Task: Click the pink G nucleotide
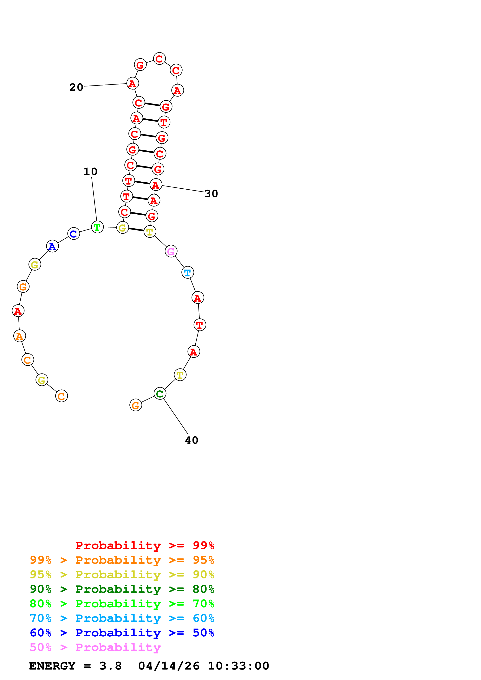[x=171, y=251]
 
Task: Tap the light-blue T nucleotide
[x=188, y=273]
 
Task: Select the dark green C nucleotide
[x=160, y=394]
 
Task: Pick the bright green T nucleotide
[x=97, y=227]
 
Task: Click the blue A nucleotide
[x=52, y=246]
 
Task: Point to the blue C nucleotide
[x=74, y=234]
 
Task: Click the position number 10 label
[x=90, y=172]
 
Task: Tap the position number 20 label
[x=76, y=87]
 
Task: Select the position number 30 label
[x=211, y=194]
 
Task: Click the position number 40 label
[x=192, y=440]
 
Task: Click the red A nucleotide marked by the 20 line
[x=133, y=84]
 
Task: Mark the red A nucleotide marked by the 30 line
[x=156, y=185]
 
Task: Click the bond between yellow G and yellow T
[x=136, y=230]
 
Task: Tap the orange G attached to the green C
[x=136, y=405]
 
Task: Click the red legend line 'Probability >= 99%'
[x=145, y=545]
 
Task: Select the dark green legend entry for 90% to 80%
[x=122, y=589]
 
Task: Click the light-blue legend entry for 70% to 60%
[x=122, y=618]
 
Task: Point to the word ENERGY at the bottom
[x=52, y=666]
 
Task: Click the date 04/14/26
[x=169, y=666]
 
